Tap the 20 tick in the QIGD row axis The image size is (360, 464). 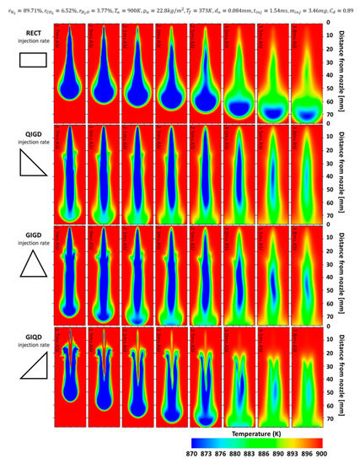click(x=330, y=155)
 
